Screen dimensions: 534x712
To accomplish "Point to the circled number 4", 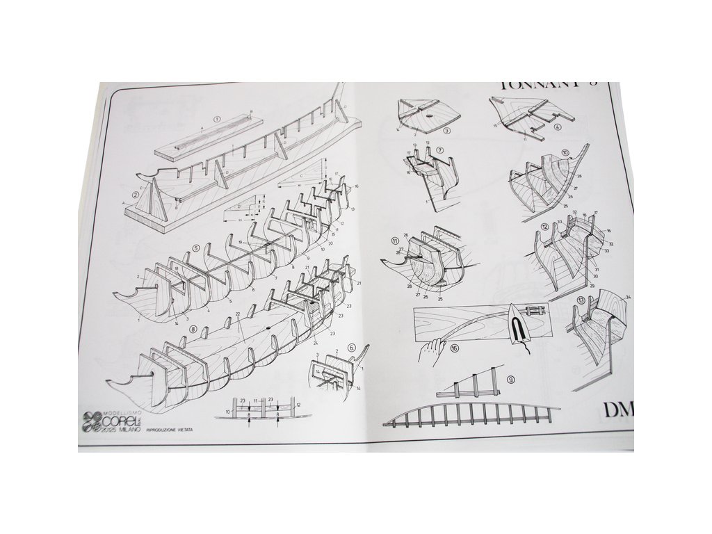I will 558,127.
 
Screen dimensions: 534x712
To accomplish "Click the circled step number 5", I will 196,248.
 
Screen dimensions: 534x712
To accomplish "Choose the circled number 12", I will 546,227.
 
